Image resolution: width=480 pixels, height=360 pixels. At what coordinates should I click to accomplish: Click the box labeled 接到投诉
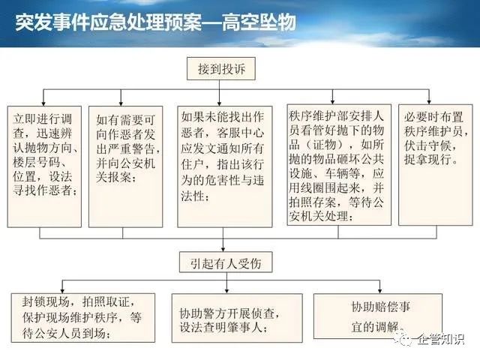(221, 68)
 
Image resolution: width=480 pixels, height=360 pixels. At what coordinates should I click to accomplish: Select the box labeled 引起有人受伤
(226, 262)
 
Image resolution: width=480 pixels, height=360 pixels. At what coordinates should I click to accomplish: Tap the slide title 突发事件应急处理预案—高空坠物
(156, 22)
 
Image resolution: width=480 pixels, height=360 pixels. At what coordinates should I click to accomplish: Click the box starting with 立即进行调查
(44, 166)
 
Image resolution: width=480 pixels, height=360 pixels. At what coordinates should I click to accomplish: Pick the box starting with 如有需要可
(125, 166)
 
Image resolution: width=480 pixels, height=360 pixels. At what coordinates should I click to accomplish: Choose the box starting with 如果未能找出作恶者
(225, 166)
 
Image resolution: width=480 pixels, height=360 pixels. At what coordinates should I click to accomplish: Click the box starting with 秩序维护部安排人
(339, 165)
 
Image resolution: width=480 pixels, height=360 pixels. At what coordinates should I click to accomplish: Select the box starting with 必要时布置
(435, 165)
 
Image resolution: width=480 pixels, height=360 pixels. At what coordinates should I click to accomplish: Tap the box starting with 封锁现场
(83, 318)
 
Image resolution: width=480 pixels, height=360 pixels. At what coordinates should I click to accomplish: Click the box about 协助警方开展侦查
(237, 318)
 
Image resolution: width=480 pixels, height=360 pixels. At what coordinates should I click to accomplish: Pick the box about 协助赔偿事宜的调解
(378, 316)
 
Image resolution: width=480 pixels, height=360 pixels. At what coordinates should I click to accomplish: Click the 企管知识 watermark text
(441, 338)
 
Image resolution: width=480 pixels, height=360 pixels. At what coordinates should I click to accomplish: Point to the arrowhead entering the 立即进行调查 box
(43, 103)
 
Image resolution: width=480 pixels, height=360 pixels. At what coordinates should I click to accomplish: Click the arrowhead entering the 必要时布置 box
(429, 101)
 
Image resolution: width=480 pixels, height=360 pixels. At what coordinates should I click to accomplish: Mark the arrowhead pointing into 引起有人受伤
(223, 249)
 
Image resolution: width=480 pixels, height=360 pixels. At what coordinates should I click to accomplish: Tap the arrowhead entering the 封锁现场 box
(62, 290)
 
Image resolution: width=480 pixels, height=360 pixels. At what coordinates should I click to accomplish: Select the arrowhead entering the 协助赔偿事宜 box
(380, 291)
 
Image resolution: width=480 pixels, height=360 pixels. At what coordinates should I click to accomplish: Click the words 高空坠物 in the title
(259, 22)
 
